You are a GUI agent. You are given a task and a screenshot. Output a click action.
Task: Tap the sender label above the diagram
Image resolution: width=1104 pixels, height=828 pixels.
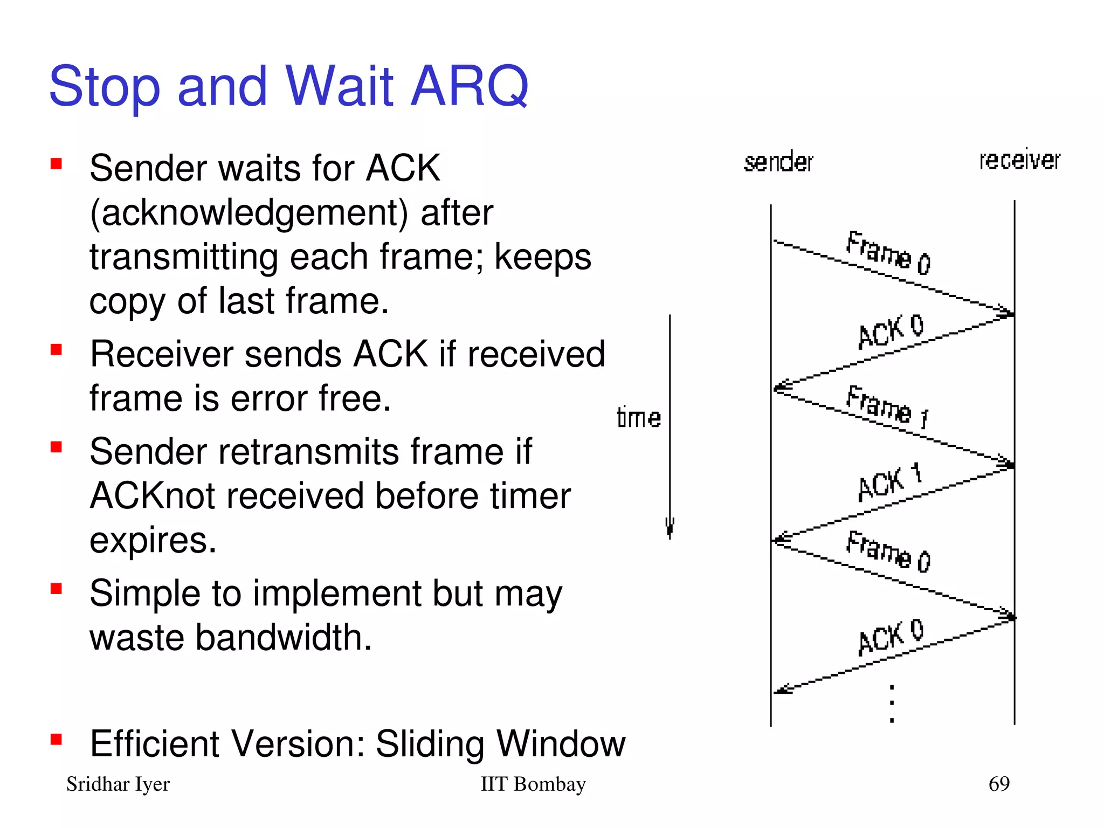(x=778, y=162)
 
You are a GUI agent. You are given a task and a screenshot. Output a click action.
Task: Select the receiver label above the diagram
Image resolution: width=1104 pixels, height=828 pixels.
(x=1019, y=160)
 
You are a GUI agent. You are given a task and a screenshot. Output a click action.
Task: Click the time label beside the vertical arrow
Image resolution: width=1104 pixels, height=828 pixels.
(x=639, y=418)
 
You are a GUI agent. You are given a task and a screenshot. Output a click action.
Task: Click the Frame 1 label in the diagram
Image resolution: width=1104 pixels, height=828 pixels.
(x=887, y=407)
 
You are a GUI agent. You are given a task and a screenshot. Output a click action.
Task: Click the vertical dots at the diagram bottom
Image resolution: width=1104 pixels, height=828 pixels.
(x=892, y=703)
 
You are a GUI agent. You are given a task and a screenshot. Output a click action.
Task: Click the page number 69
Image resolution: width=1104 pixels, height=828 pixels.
(x=999, y=783)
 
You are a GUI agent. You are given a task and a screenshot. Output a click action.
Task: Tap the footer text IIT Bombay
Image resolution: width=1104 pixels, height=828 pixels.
(x=533, y=784)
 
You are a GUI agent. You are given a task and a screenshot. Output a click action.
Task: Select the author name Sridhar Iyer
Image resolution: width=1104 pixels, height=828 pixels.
(x=118, y=784)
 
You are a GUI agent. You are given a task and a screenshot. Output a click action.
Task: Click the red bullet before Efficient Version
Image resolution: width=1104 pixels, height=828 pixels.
(x=56, y=739)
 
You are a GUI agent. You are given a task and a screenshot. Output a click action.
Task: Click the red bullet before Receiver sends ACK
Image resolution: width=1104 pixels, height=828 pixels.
(x=56, y=350)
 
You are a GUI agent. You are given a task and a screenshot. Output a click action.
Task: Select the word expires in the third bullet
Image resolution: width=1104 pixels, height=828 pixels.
(x=153, y=540)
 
